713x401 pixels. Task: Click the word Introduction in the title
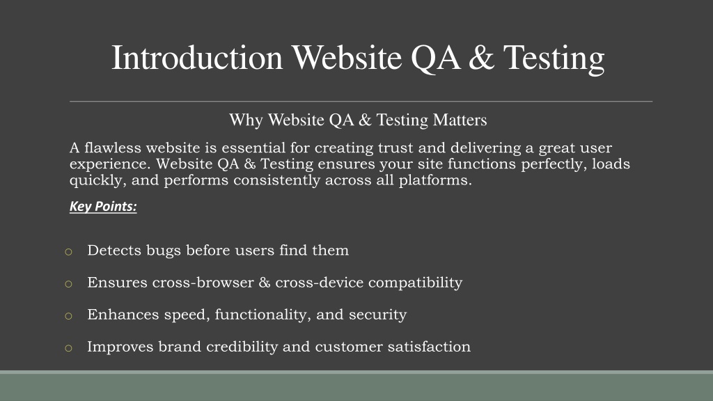pyautogui.click(x=197, y=58)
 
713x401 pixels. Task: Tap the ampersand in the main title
pyautogui.click(x=481, y=58)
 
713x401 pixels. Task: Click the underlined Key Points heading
pyautogui.click(x=103, y=206)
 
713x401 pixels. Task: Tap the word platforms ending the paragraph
pyautogui.click(x=435, y=180)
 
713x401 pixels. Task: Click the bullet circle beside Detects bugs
pyautogui.click(x=69, y=252)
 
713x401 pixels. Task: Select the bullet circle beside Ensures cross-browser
pyautogui.click(x=69, y=284)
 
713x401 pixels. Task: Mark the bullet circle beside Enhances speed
pyautogui.click(x=69, y=316)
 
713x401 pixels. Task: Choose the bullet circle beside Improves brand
pyautogui.click(x=69, y=348)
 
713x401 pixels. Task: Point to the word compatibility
pyautogui.click(x=415, y=283)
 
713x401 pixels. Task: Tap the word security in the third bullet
pyautogui.click(x=378, y=315)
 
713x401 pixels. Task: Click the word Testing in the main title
pyautogui.click(x=554, y=59)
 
